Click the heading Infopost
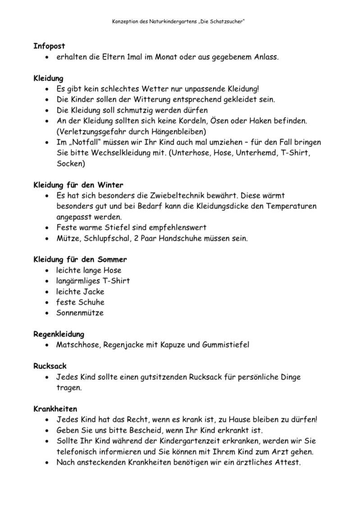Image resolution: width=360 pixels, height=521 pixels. coord(49,46)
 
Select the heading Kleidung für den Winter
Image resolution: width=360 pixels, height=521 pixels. coord(78,185)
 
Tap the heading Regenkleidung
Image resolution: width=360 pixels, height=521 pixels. coord(59,334)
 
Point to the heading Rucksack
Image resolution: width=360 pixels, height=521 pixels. coord(50,366)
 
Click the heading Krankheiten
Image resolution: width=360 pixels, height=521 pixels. coord(55,409)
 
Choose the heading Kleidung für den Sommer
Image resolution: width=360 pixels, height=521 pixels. coord(80,259)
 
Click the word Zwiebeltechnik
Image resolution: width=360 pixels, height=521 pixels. coord(178,196)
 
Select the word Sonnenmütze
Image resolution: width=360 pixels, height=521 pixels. coord(80,313)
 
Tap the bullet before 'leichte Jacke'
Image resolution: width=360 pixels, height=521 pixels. coord(48,292)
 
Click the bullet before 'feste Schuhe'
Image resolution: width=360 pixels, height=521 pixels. coord(48,303)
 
